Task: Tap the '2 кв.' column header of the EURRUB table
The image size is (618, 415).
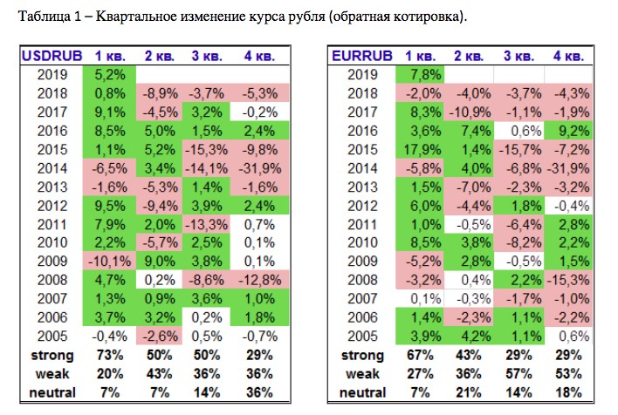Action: tap(470, 56)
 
